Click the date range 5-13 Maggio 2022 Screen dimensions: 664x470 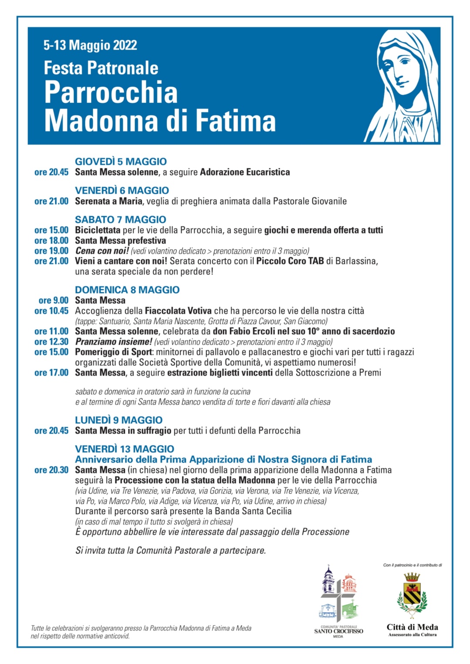click(x=90, y=45)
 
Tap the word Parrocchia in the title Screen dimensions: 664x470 click(x=111, y=92)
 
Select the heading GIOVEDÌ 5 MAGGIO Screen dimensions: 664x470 click(x=121, y=161)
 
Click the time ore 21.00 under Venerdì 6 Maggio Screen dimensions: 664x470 click(x=51, y=201)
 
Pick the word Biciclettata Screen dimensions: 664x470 click(x=97, y=230)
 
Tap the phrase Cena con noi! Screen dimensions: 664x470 click(x=102, y=251)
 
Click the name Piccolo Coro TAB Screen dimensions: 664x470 click(x=290, y=261)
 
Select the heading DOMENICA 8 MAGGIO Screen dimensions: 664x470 click(x=127, y=290)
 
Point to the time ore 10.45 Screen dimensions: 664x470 click(x=51, y=311)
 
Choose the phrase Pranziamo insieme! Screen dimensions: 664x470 click(x=114, y=342)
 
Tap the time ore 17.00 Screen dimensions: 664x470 click(x=51, y=373)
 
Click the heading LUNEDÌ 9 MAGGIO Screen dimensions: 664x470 click(x=118, y=420)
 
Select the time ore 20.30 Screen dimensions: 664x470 click(x=51, y=470)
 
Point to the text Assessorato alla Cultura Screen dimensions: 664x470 click(x=412, y=635)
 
